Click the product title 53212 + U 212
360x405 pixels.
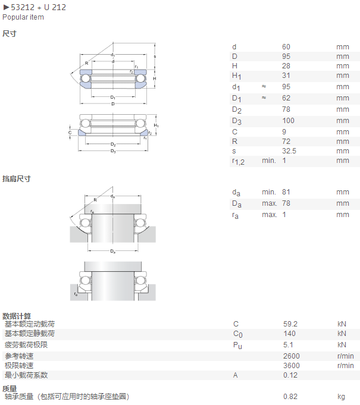point(38,7)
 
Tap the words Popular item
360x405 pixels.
point(23,17)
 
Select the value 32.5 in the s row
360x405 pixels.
point(289,151)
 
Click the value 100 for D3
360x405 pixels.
point(288,121)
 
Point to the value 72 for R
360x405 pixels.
point(286,142)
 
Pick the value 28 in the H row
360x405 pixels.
point(286,66)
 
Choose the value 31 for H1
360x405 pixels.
point(286,76)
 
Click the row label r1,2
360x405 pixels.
point(238,161)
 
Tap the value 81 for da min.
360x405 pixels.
point(286,192)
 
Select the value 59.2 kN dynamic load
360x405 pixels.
point(290,324)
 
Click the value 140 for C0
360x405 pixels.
point(289,334)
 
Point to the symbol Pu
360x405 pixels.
point(237,346)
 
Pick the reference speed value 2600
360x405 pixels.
point(291,356)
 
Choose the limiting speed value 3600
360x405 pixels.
point(291,366)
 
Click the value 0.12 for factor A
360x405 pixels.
point(290,375)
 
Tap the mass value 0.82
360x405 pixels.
point(290,397)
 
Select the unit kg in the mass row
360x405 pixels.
point(341,397)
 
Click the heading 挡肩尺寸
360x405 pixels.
point(17,178)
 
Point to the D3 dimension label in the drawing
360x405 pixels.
point(113,151)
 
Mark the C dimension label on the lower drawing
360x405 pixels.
point(70,133)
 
